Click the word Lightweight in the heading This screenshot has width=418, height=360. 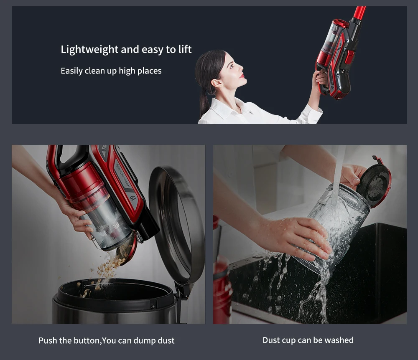click(89, 50)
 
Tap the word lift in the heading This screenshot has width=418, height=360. click(185, 49)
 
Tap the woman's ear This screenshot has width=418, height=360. click(216, 83)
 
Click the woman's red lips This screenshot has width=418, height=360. click(242, 76)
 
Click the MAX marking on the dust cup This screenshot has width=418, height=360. click(117, 226)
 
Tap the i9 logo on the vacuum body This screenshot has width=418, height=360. click(133, 198)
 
